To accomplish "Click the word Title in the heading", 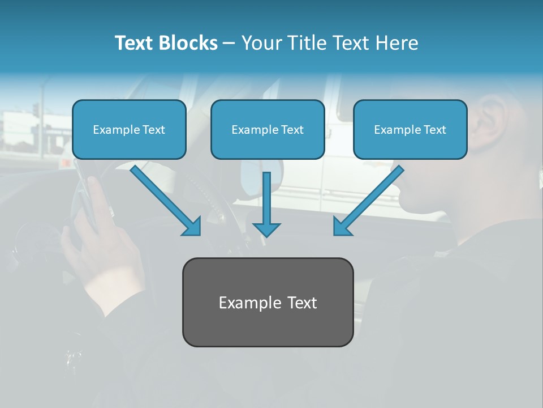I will click(305, 43).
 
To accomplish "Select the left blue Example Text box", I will click(129, 129).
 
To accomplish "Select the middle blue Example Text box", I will click(268, 129).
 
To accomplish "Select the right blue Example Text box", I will click(410, 129).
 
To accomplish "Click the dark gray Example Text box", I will click(268, 302).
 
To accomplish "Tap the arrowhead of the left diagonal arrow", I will click(192, 227).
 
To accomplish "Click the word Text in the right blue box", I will click(434, 129).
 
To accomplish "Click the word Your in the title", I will click(261, 43).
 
